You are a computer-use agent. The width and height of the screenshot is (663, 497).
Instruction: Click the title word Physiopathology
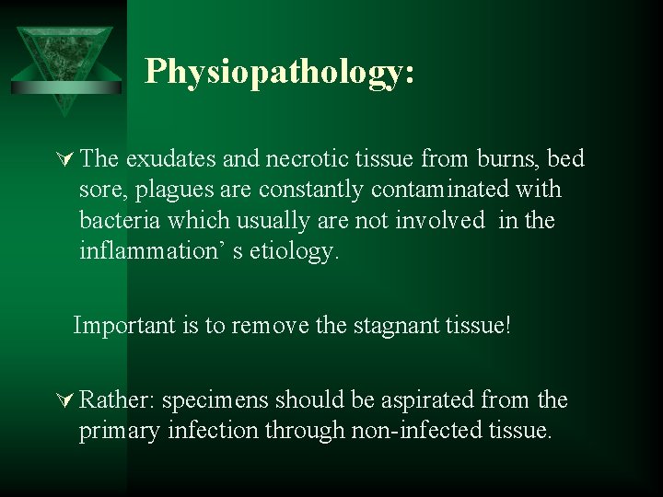coord(279,72)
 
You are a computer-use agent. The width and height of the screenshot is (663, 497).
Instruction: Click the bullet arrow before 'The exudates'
coord(66,160)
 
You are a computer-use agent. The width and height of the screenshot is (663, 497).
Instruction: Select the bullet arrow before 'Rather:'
coord(66,401)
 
